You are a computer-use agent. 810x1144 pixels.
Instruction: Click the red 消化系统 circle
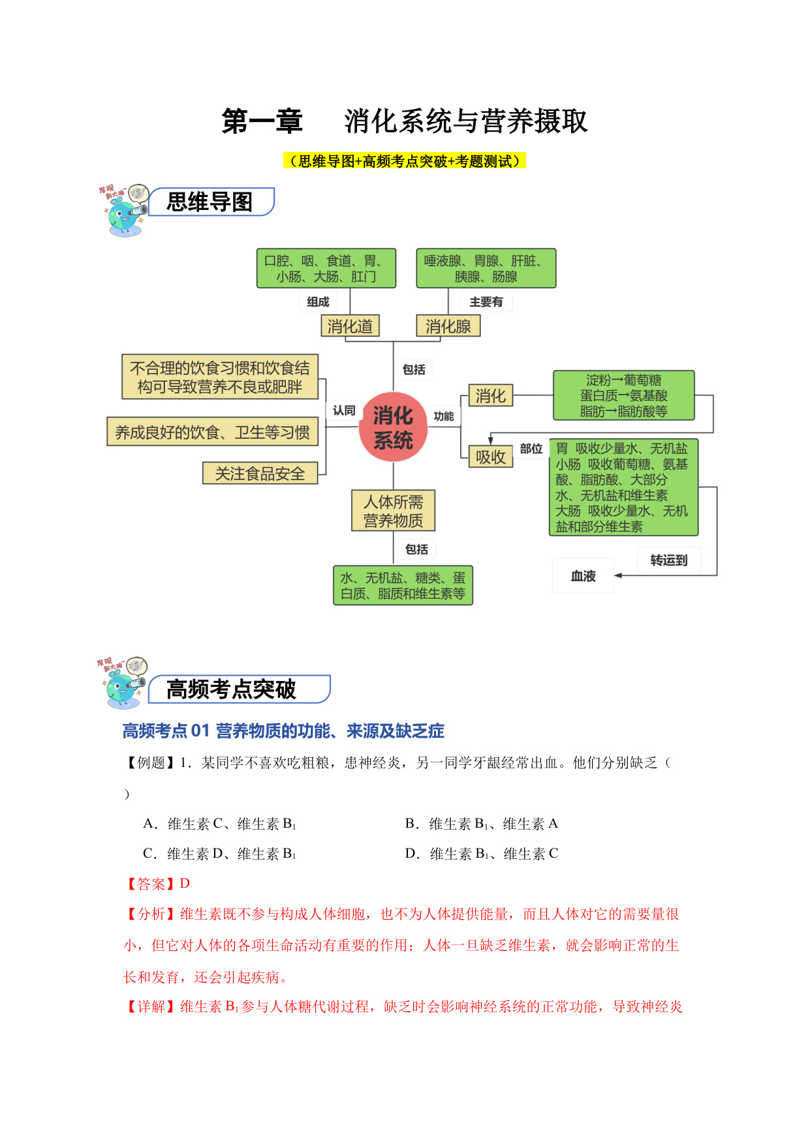(x=393, y=427)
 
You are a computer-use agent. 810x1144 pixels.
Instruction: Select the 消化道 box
(x=350, y=326)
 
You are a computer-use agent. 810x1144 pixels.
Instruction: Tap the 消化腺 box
(x=448, y=326)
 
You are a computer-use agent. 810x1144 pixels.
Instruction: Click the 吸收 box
(x=491, y=457)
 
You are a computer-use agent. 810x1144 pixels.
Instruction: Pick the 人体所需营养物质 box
(x=393, y=511)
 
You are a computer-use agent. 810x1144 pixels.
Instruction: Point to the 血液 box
(x=584, y=576)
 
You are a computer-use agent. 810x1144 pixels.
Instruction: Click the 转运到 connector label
(x=669, y=560)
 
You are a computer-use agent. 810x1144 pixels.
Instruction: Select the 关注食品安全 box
(x=260, y=474)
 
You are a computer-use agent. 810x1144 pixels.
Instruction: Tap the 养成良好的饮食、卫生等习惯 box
(x=213, y=432)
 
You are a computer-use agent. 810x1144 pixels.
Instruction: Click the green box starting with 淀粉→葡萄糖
(x=624, y=395)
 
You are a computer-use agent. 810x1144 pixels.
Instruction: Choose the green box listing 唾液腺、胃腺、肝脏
(x=486, y=268)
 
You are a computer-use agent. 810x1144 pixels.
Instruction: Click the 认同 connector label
(x=344, y=410)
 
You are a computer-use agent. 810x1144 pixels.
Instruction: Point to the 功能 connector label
(x=444, y=416)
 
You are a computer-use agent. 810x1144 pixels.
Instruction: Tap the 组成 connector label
(x=318, y=301)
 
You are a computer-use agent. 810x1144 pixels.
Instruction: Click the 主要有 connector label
(x=486, y=301)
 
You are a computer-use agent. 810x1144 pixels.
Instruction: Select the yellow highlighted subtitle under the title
(x=405, y=160)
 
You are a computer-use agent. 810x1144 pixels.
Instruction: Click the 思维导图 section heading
(x=210, y=202)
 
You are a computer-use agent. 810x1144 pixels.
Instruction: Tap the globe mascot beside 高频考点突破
(x=123, y=682)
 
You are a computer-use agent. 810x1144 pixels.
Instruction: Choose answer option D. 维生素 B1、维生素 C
(x=482, y=854)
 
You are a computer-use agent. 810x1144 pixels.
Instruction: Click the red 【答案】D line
(x=157, y=884)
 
